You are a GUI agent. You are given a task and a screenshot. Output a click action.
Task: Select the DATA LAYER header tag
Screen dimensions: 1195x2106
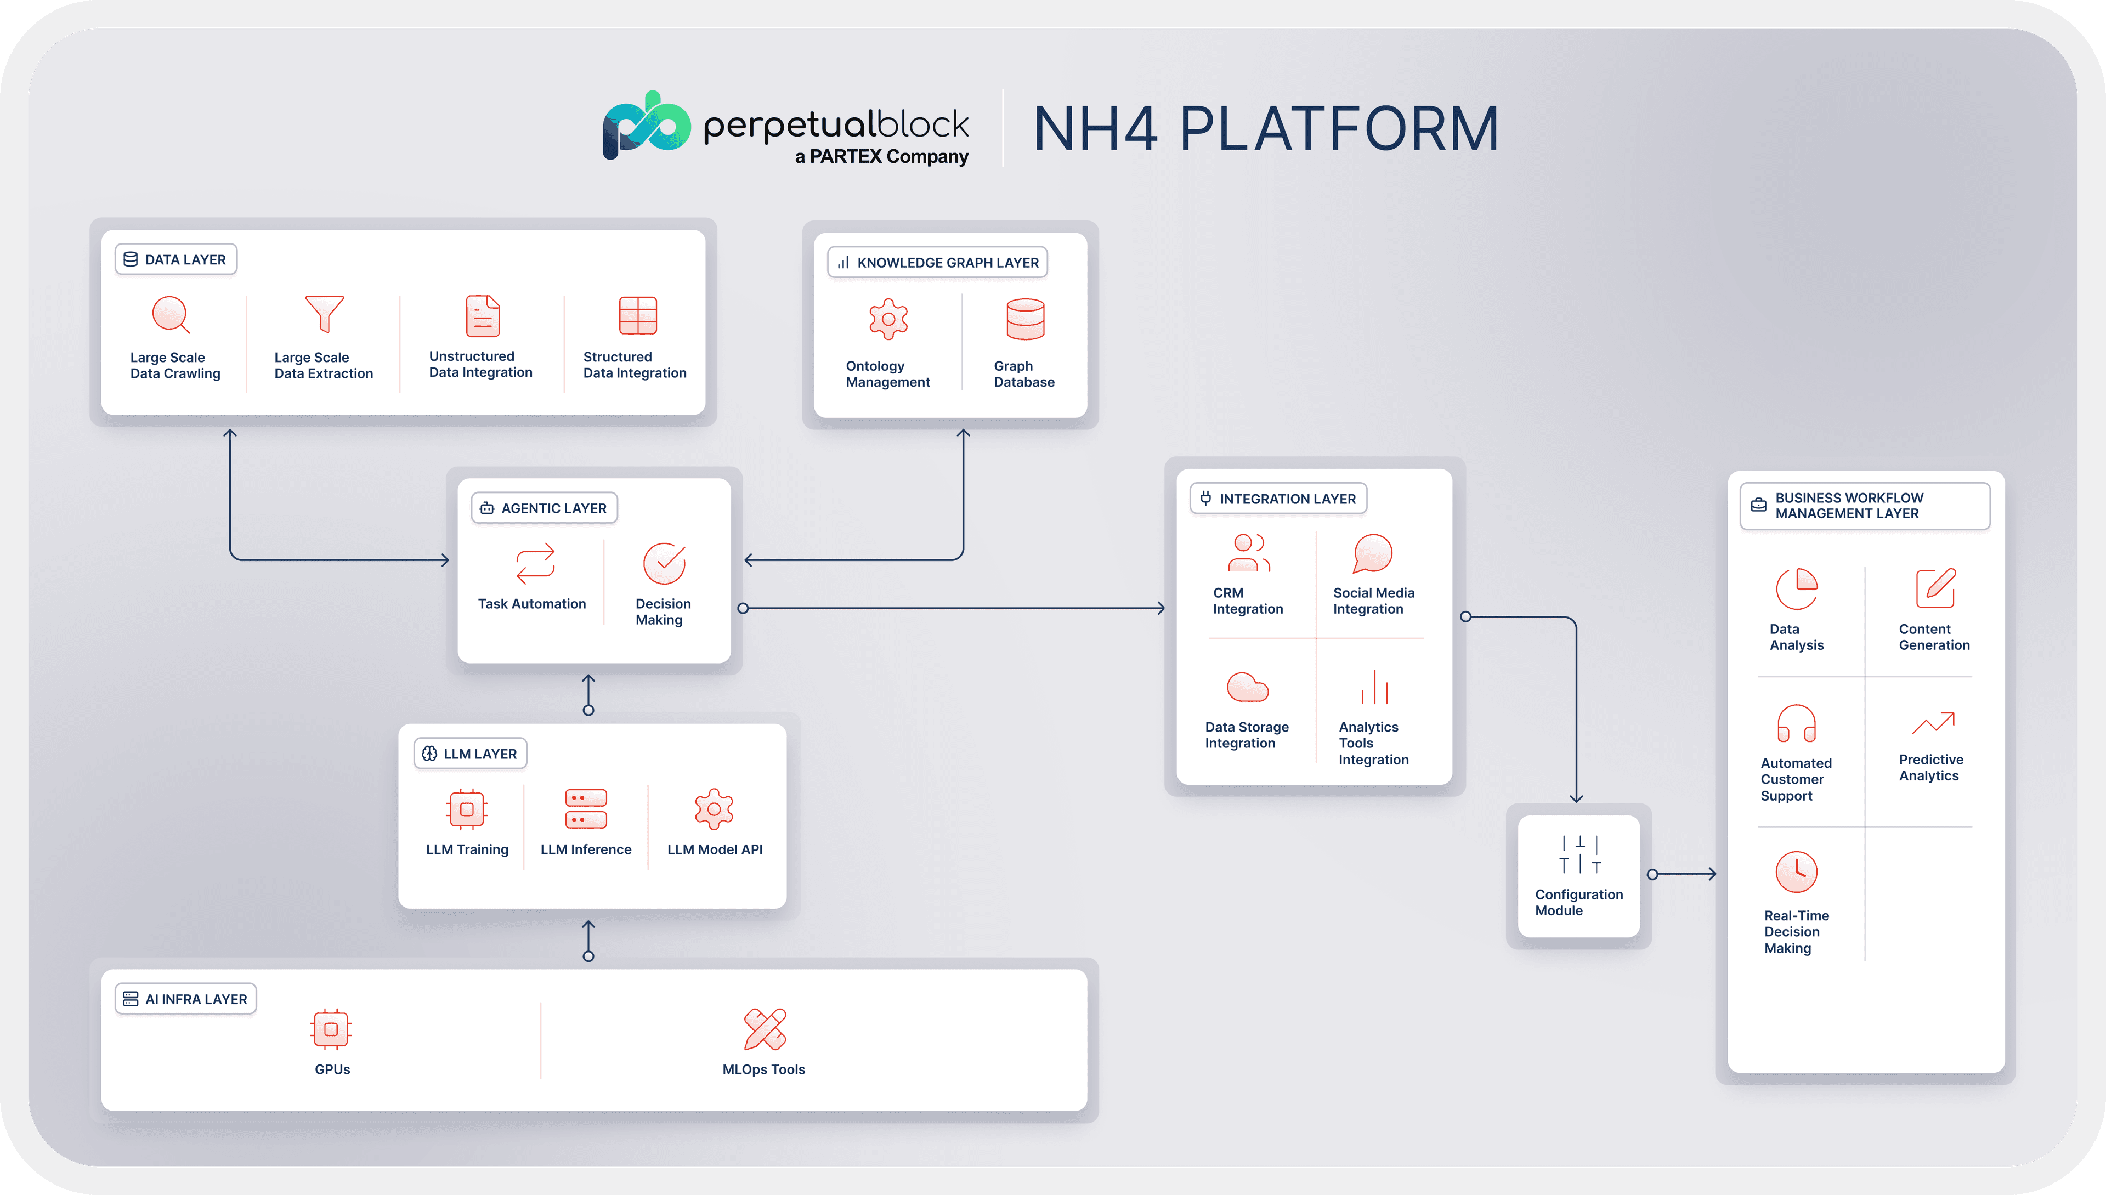coord(175,259)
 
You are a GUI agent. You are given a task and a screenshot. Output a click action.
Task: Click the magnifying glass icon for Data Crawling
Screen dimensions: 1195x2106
coord(171,314)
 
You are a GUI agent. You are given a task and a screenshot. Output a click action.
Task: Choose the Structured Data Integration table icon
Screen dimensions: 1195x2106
coord(638,315)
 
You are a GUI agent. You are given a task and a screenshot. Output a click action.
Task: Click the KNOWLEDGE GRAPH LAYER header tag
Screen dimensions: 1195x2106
coord(937,263)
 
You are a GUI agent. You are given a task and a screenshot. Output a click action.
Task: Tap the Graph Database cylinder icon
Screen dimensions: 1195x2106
coord(1025,319)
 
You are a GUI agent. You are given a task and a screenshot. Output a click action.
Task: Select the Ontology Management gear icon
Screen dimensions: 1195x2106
coord(888,319)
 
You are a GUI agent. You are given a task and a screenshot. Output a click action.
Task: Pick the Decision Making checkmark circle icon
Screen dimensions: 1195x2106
coord(664,563)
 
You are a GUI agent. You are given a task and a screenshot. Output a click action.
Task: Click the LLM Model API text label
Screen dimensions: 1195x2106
coord(715,849)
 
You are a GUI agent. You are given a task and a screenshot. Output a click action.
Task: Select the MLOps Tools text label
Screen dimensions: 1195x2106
coord(763,1069)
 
